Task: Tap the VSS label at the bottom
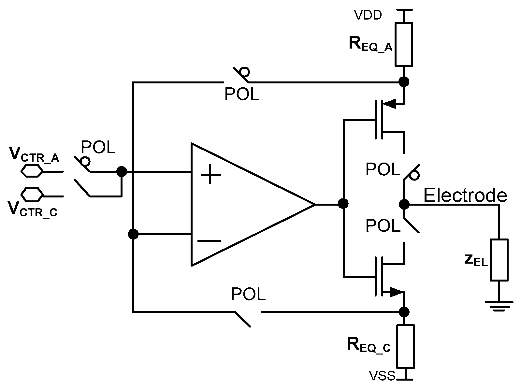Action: pos(382,376)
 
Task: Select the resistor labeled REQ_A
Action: pos(404,44)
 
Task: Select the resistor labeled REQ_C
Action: pos(405,346)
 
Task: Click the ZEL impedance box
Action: pos(499,260)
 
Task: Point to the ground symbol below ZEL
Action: pos(499,306)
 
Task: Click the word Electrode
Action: pos(465,195)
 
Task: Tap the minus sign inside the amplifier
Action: pos(209,241)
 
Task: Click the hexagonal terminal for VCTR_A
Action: pos(32,171)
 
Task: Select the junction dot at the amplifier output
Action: pos(343,204)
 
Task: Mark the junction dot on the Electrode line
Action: pos(404,204)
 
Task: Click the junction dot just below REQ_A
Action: pos(404,81)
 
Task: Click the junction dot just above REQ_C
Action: pos(404,312)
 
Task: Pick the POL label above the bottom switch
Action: pos(248,294)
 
